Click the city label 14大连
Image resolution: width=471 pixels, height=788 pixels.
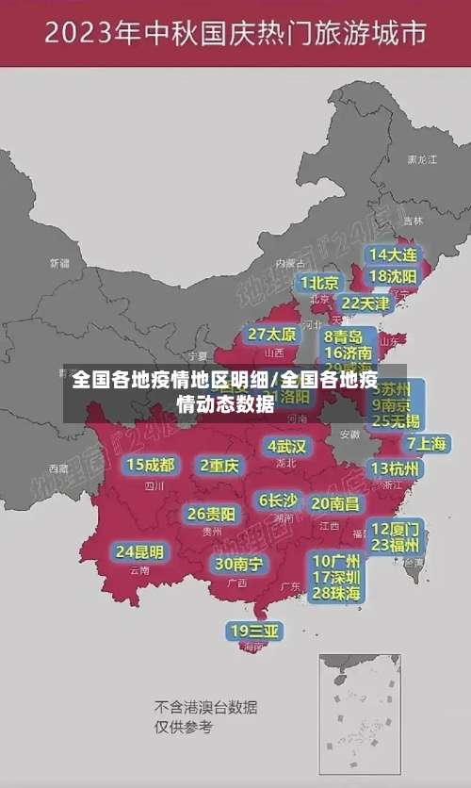point(392,254)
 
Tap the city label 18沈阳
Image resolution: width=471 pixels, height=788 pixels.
point(392,276)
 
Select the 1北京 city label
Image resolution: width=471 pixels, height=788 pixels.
point(319,283)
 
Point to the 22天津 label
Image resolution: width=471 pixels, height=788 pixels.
point(365,304)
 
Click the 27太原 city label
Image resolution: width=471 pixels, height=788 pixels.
point(271,335)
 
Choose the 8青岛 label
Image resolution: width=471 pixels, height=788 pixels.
point(345,337)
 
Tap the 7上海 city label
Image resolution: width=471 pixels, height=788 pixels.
point(427,443)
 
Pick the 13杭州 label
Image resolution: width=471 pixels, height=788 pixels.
point(397,468)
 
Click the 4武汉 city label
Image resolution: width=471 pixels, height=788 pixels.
point(286,446)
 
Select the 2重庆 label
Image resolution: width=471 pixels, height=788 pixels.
point(219,465)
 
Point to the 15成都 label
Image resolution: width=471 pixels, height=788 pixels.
point(151,465)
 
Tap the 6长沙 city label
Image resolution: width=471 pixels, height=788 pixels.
point(278,501)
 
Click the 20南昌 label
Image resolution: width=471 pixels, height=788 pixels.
point(335,503)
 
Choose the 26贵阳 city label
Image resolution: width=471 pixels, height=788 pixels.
point(211,515)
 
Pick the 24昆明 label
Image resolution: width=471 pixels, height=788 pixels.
point(138,551)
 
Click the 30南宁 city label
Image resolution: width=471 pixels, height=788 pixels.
point(238,564)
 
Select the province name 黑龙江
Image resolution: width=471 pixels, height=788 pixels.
point(421,160)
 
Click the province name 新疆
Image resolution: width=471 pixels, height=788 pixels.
point(59,263)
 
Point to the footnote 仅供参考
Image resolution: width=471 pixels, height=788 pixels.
point(184,727)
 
